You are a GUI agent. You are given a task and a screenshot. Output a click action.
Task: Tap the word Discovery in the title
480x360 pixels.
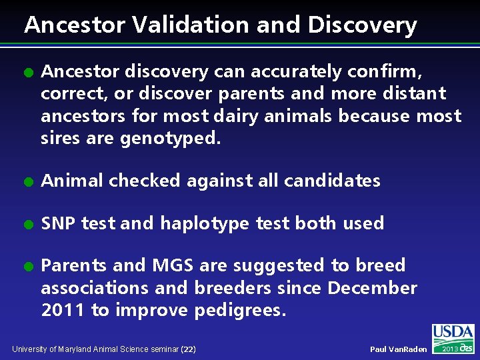pos(363,25)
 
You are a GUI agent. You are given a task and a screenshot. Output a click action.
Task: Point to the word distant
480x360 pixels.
pos(413,93)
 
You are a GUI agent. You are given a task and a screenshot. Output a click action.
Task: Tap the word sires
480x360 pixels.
pos(61,139)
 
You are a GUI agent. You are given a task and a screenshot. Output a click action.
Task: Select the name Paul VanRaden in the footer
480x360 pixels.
pos(399,349)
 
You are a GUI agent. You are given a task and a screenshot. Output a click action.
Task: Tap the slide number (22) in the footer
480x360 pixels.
pos(188,349)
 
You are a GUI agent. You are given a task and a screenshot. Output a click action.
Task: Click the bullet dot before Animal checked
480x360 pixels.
pos(27,181)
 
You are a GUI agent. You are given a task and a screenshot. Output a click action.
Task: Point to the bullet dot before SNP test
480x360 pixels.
pos(27,224)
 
